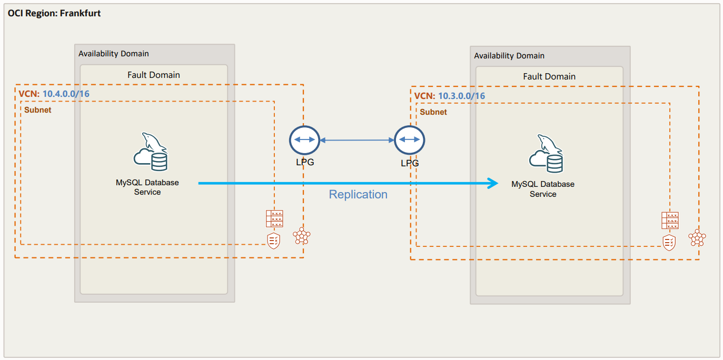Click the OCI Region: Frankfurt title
[x=54, y=13]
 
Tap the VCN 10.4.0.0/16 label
[x=54, y=94]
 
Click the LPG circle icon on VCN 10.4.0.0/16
[x=304, y=140]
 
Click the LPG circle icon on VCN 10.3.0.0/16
[x=409, y=140]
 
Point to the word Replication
[x=358, y=195]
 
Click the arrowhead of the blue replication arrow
[x=493, y=183]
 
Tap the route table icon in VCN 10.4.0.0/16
[x=274, y=218]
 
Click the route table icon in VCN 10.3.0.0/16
[x=670, y=220]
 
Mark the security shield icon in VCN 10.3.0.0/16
[x=669, y=242]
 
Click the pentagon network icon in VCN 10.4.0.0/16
[x=302, y=237]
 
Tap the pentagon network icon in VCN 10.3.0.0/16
[x=697, y=238]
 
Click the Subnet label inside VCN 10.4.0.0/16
[x=38, y=110]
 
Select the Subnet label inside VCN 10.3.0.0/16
[x=433, y=112]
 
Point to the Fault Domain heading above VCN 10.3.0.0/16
[x=549, y=77]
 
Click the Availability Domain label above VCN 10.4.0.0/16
[x=114, y=54]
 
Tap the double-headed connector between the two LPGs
[x=357, y=141]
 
